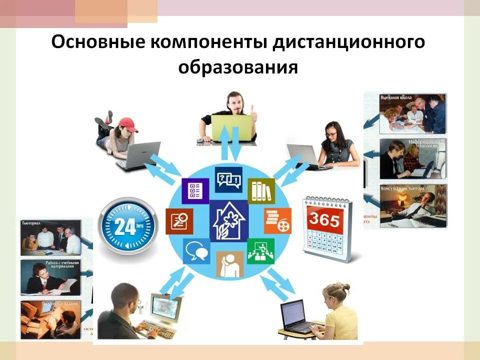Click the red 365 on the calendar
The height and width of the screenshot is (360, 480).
324,219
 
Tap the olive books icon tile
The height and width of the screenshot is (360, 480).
261,190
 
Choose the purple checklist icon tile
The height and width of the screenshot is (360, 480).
195,190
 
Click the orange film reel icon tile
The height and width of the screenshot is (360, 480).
277,220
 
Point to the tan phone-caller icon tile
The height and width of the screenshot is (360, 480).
229,264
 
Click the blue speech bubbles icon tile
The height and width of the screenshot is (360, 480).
196,250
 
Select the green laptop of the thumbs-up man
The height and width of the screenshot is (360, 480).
231,128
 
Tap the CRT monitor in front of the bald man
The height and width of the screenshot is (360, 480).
165,308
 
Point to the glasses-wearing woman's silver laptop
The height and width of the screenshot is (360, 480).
302,155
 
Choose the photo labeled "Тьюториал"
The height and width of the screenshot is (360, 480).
50,237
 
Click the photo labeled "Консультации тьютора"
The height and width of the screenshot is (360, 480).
412,205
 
